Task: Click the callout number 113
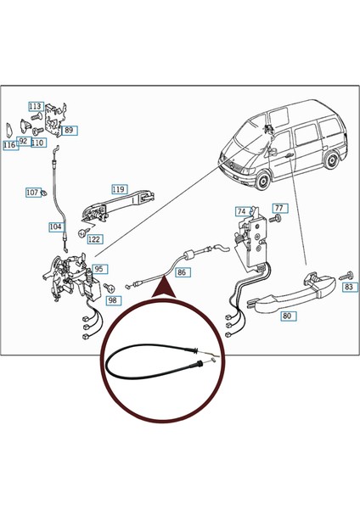click(x=35, y=106)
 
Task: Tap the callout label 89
click(x=69, y=130)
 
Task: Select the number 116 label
click(x=9, y=145)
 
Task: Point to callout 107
click(x=32, y=193)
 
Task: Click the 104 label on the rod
click(x=55, y=227)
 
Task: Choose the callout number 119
click(x=119, y=189)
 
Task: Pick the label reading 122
click(x=94, y=239)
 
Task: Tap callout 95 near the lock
click(x=99, y=269)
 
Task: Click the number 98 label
click(x=112, y=300)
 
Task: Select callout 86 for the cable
click(x=182, y=272)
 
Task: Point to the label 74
click(x=242, y=211)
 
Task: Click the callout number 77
click(x=279, y=208)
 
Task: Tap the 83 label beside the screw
click(x=349, y=287)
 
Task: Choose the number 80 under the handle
click(x=288, y=316)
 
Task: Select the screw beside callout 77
click(x=275, y=218)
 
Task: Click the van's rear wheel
click(x=332, y=159)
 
